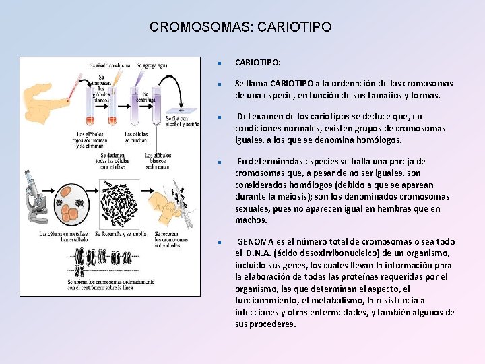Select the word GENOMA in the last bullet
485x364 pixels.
click(255, 241)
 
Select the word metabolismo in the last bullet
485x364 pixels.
click(346, 300)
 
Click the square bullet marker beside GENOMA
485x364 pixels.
click(220, 242)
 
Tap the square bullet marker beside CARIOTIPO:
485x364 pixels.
click(220, 63)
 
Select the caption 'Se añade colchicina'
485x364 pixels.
click(110, 66)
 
